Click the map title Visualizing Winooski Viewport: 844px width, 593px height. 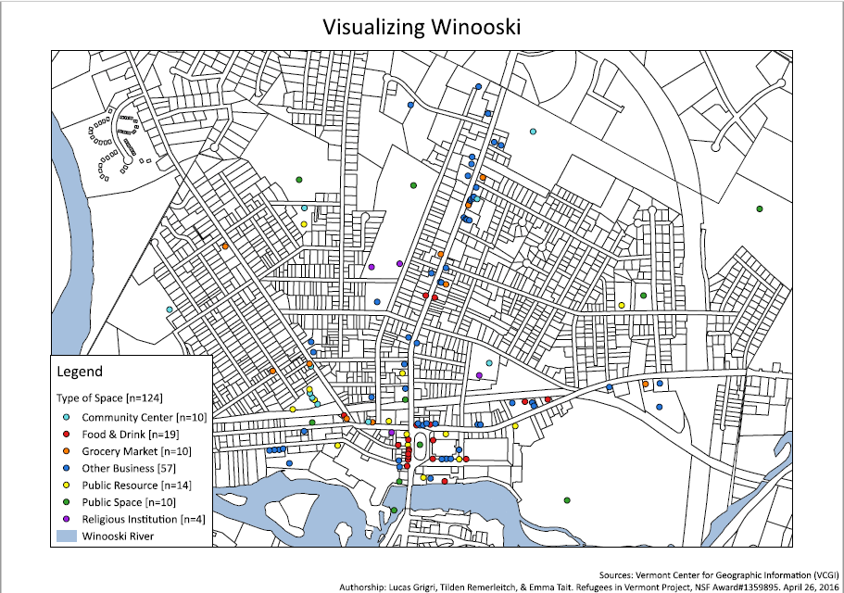(422, 27)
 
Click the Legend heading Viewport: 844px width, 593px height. (81, 372)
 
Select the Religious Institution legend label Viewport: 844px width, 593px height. (143, 519)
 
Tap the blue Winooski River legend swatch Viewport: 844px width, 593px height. (67, 536)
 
